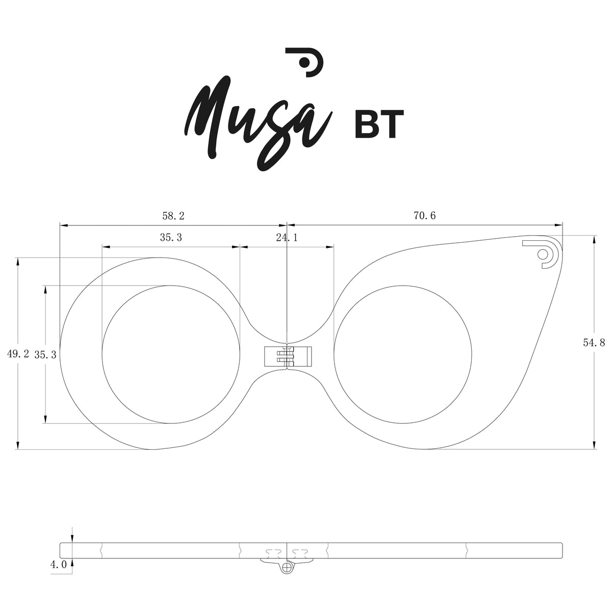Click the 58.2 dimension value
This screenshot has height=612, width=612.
[173, 216]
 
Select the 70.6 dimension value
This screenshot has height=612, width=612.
[425, 216]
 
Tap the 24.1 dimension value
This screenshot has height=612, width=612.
[287, 237]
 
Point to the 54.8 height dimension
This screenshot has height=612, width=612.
[594, 343]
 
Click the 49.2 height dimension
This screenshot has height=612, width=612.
[18, 354]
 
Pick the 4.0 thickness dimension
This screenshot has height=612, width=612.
[59, 565]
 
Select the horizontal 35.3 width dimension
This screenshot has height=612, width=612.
[171, 237]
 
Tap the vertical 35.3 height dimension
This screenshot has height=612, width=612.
[45, 354]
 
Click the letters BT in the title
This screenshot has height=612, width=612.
[379, 124]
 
